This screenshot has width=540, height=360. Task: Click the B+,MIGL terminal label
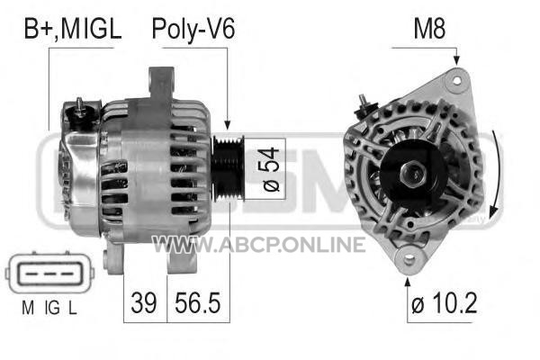pyautogui.click(x=73, y=29)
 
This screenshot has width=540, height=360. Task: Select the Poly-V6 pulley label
pyautogui.click(x=193, y=29)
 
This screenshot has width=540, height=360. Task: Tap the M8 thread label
pyautogui.click(x=429, y=29)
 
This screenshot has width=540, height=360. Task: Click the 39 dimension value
pyautogui.click(x=144, y=302)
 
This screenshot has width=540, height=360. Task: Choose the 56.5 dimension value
pyautogui.click(x=197, y=302)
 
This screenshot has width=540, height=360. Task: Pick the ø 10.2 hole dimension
pyautogui.click(x=445, y=302)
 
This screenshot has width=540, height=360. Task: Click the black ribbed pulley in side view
pyautogui.click(x=228, y=169)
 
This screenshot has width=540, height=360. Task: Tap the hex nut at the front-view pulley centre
pyautogui.click(x=413, y=175)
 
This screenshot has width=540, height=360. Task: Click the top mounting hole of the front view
pyautogui.click(x=456, y=81)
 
